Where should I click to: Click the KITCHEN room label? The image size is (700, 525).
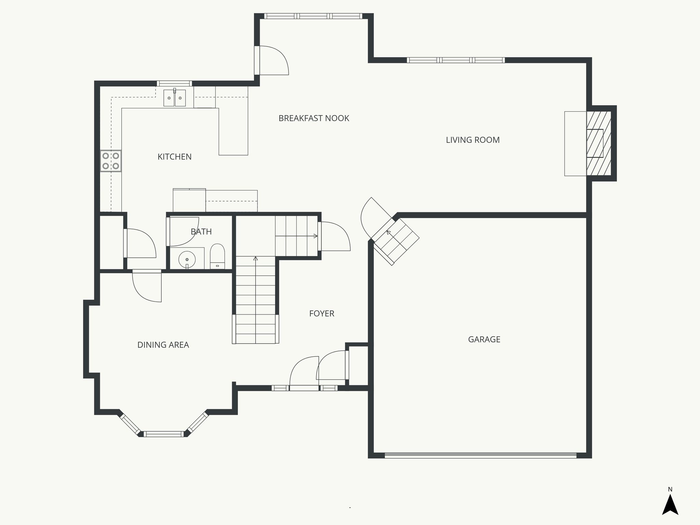click(174, 157)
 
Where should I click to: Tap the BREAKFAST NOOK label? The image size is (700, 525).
click(314, 118)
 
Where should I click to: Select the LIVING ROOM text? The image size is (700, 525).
click(473, 140)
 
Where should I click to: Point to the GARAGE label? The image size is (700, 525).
click(484, 339)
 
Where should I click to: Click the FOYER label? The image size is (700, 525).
click(322, 313)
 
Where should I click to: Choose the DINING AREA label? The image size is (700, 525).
click(163, 345)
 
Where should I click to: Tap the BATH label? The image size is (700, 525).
click(201, 232)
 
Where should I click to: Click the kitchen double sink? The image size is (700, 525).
click(175, 98)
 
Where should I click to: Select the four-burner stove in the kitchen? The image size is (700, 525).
click(111, 161)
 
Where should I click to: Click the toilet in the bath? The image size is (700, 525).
click(217, 256)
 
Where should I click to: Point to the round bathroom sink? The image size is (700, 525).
click(187, 260)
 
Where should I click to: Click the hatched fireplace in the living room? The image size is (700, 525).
click(599, 143)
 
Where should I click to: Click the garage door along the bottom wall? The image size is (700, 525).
click(481, 455)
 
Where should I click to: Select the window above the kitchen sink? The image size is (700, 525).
click(174, 83)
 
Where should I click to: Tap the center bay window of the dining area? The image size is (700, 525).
click(164, 434)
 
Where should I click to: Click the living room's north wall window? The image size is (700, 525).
click(456, 60)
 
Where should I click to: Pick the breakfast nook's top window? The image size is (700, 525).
click(313, 16)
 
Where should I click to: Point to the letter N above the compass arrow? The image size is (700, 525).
click(670, 489)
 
